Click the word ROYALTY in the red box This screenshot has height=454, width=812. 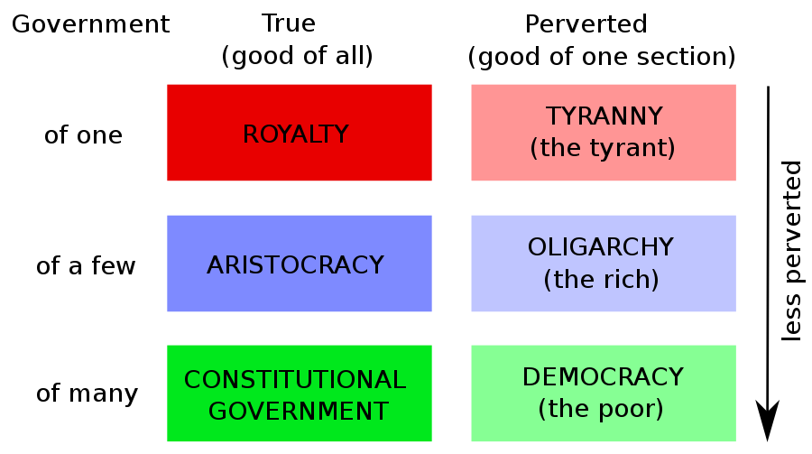296,134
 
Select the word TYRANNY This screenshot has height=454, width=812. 604,116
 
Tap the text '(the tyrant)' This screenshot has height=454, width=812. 603,148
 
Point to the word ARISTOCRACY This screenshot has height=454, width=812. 295,265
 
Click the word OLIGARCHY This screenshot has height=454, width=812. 601,247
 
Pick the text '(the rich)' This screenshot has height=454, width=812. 601,279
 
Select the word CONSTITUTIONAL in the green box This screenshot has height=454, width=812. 295,380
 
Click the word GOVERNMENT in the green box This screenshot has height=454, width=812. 299,412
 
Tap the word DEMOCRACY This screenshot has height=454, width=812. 603,376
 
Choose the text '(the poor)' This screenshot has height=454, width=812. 601,409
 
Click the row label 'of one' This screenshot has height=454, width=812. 83,135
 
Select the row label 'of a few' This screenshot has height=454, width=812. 86,266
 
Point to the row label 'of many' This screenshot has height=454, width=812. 87,394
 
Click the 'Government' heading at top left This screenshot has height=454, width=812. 90,23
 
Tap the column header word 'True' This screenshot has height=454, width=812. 289,23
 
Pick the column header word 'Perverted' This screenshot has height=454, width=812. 586,23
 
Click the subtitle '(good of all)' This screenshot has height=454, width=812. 297,56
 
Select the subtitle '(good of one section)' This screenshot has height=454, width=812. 602,57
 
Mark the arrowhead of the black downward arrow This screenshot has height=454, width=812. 768,419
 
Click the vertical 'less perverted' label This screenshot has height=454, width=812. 791,251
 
